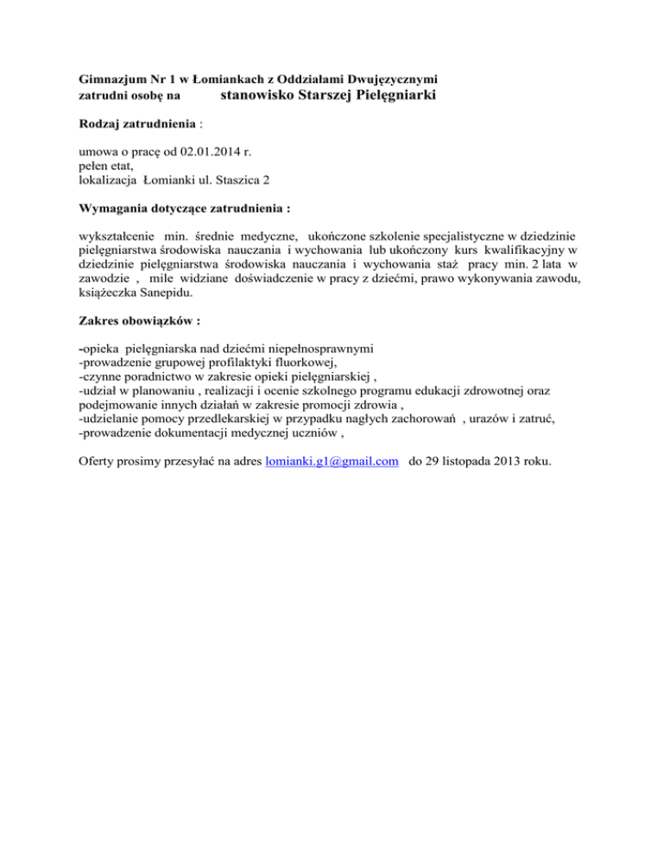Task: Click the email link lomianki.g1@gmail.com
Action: click(331, 462)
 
